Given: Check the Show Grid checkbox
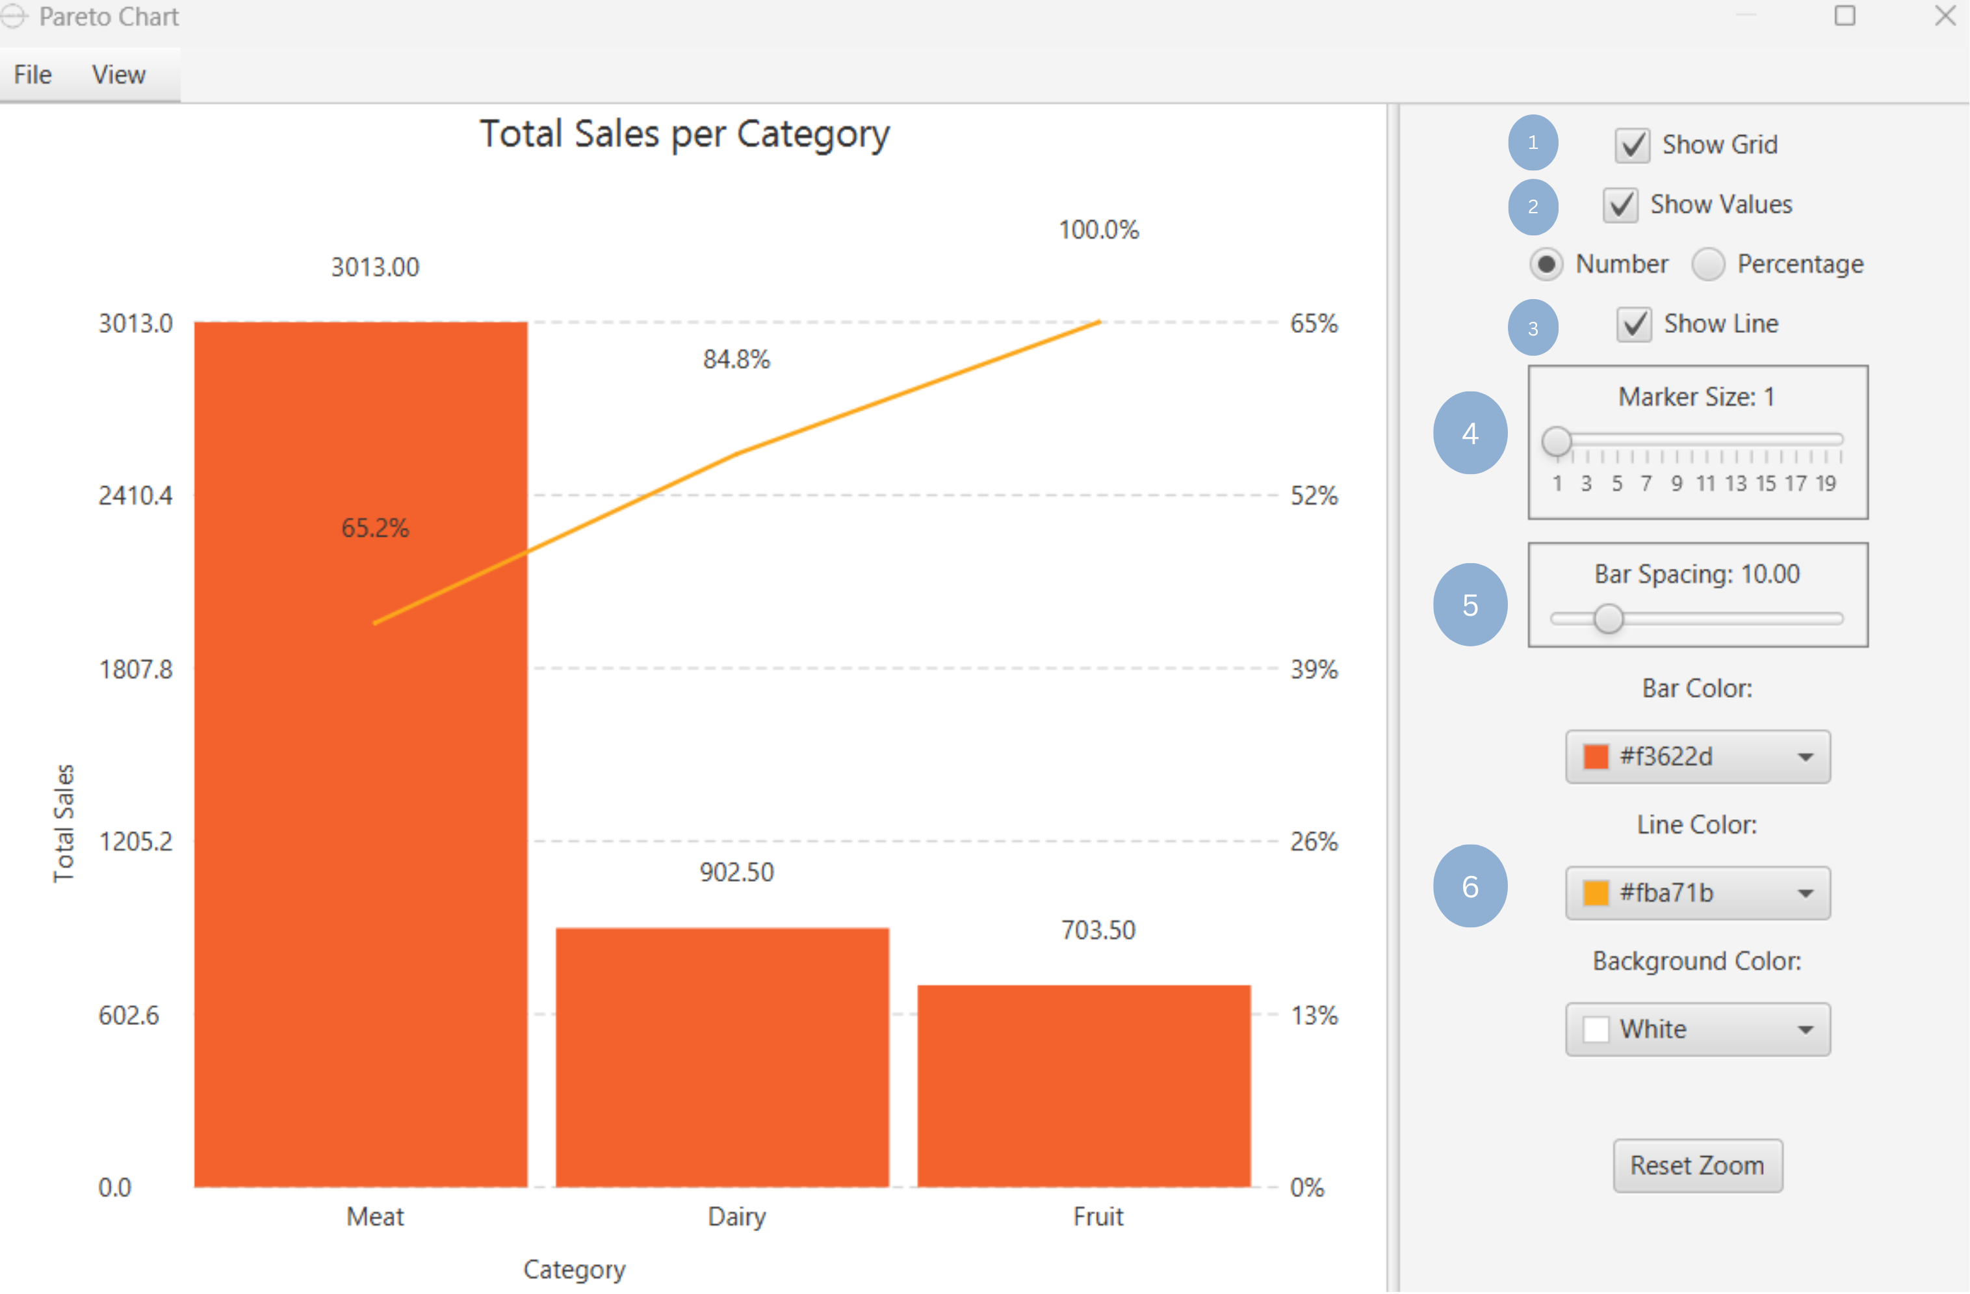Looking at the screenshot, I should click(x=1632, y=146).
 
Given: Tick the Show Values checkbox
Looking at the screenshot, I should click(x=1620, y=205).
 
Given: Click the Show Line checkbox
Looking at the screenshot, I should click(x=1634, y=324).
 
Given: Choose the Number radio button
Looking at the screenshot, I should click(x=1546, y=265).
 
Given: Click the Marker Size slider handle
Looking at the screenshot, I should click(x=1556, y=442).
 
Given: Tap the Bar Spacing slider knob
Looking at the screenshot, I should click(x=1608, y=619).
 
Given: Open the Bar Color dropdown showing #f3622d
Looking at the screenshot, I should click(x=1697, y=757).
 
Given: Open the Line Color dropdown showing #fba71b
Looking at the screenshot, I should click(x=1697, y=893).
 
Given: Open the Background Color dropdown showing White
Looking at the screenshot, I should click(x=1697, y=1030).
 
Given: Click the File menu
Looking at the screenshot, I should click(x=33, y=75).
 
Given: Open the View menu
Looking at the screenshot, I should click(x=118, y=75).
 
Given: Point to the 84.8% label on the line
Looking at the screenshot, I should click(x=736, y=360).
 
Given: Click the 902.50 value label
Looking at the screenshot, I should click(x=736, y=873).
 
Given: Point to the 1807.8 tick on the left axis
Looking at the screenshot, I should click(x=136, y=670).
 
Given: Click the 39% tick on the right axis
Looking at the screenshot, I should click(x=1314, y=670).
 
